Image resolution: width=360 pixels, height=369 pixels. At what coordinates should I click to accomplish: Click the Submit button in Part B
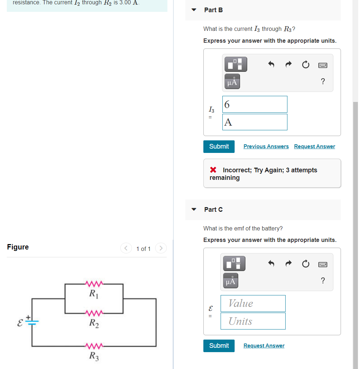219,146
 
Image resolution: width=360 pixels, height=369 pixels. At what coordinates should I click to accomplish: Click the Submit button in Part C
219,346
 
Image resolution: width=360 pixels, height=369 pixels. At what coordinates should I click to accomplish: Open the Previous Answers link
266,146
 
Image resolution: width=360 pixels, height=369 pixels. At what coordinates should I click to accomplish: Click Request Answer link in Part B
314,146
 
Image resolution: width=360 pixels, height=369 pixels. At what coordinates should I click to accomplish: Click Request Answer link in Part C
264,346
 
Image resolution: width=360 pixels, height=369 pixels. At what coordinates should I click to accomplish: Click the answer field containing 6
255,104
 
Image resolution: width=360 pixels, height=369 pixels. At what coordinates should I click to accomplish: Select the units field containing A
255,122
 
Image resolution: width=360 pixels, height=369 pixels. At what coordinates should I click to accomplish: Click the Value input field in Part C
253,304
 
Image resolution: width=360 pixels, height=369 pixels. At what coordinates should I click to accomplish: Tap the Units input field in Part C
253,321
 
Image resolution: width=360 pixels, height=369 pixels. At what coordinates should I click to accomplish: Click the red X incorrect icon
213,170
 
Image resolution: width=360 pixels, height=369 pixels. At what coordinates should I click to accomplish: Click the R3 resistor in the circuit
94,346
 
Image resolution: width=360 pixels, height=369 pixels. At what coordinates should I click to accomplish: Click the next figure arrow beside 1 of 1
161,248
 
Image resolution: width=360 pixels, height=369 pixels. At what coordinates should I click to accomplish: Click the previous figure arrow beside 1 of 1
126,248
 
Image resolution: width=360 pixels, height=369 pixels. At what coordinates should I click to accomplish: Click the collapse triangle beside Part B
194,10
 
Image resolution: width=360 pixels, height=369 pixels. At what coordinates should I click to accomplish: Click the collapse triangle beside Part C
194,210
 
